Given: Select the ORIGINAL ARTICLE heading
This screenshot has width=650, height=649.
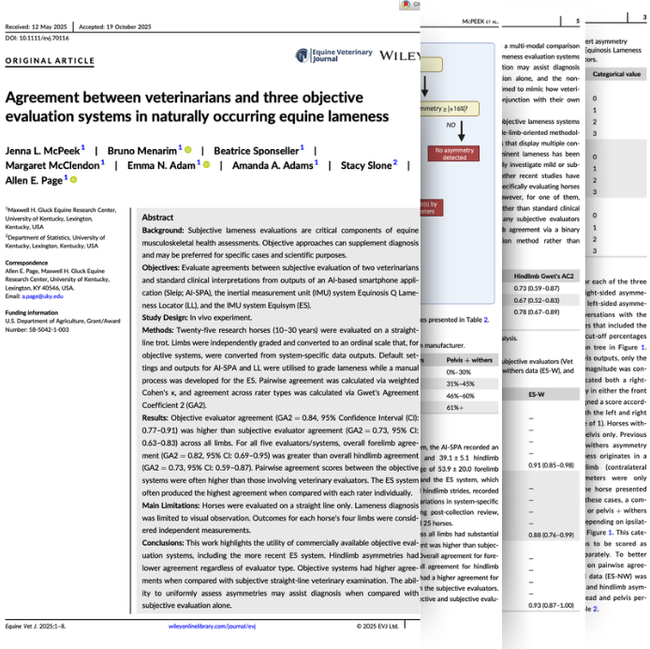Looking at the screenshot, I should click(43, 61).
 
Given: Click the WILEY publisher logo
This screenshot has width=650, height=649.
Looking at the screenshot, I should click(400, 55).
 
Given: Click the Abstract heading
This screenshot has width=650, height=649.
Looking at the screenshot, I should click(157, 218).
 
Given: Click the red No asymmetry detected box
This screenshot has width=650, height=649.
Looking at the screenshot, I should click(453, 153).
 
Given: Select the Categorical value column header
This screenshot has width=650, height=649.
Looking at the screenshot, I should click(616, 73).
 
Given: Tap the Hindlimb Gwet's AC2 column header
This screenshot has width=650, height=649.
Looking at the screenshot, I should click(549, 277).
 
